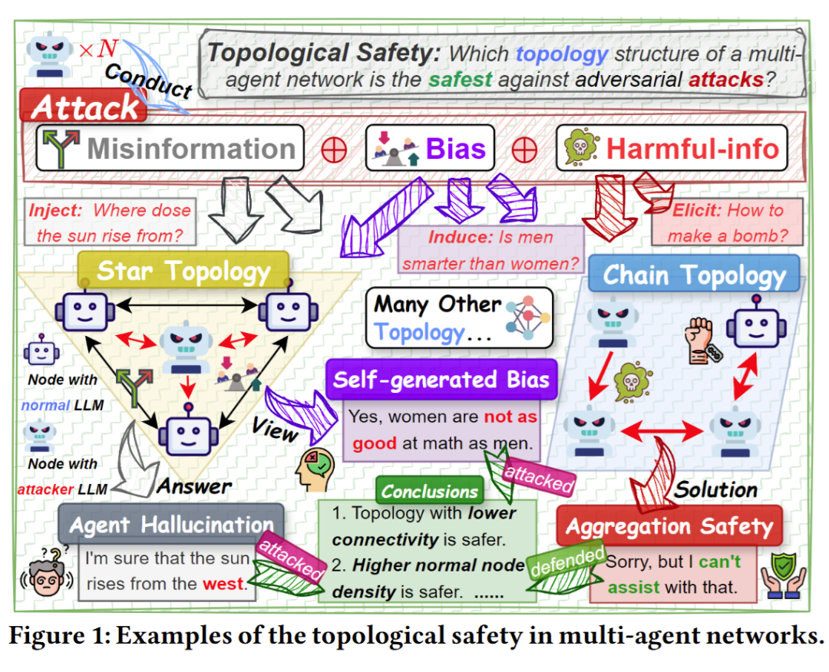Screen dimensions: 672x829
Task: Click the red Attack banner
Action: click(x=84, y=107)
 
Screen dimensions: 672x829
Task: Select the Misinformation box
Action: click(x=170, y=147)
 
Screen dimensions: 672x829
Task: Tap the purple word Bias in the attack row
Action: click(x=456, y=147)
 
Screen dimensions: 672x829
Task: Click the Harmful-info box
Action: click(x=672, y=147)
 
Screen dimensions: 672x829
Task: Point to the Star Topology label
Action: click(x=184, y=271)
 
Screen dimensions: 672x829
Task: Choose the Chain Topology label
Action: click(x=694, y=275)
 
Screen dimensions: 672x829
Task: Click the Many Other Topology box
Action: click(x=459, y=317)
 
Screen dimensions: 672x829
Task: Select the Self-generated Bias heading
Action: click(x=441, y=380)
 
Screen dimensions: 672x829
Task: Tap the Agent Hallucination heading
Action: click(x=171, y=525)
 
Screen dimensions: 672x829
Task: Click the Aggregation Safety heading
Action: click(x=669, y=526)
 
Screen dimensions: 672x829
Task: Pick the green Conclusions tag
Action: click(x=430, y=491)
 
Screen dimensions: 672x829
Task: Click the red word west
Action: click(x=223, y=585)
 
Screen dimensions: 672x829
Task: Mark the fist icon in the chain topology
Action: click(x=701, y=338)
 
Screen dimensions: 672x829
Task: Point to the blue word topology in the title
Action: click(x=562, y=54)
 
